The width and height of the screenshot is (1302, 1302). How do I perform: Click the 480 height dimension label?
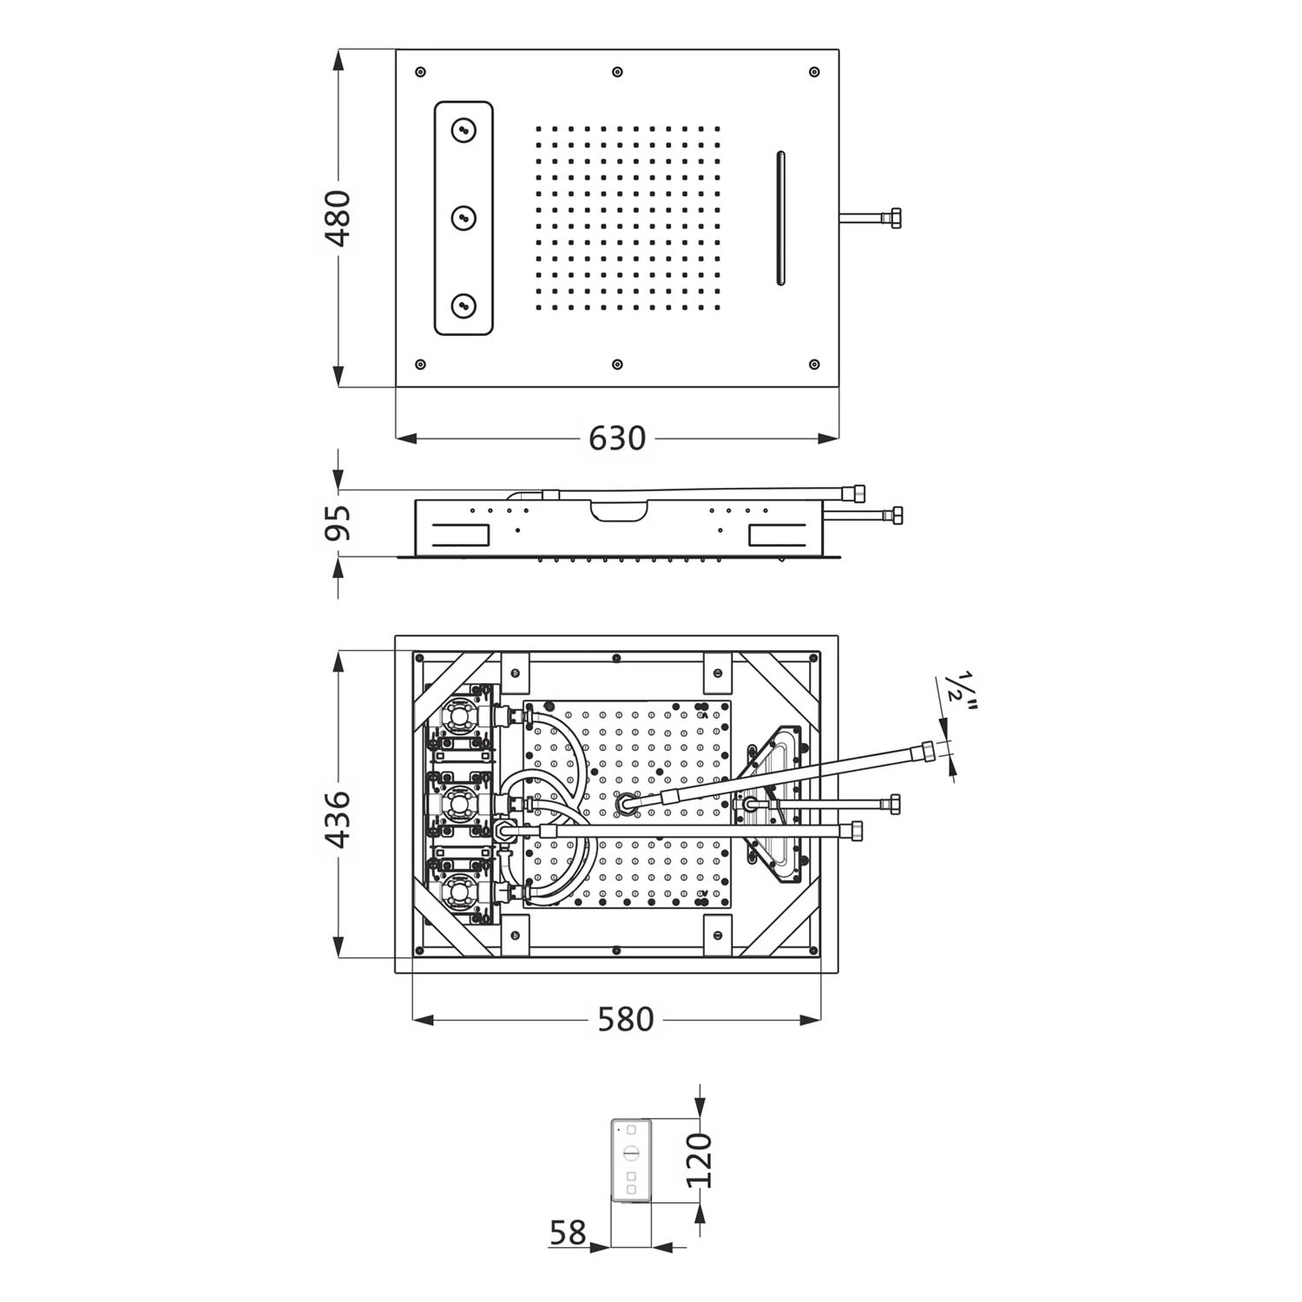click(339, 219)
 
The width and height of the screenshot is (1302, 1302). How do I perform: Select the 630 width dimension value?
click(617, 438)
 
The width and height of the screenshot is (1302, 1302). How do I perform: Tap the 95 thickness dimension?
click(339, 523)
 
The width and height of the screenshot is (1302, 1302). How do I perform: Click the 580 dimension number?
click(625, 1019)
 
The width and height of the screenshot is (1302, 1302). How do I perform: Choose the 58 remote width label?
click(569, 1232)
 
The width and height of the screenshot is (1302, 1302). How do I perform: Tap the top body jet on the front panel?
click(464, 131)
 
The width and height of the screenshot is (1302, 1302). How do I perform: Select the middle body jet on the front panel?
click(464, 217)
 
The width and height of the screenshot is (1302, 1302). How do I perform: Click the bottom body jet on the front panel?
click(464, 304)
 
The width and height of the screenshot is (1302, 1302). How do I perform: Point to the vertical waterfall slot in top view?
click(779, 218)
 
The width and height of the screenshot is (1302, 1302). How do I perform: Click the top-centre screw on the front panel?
click(617, 71)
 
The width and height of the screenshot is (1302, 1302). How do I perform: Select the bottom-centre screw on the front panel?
click(617, 365)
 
